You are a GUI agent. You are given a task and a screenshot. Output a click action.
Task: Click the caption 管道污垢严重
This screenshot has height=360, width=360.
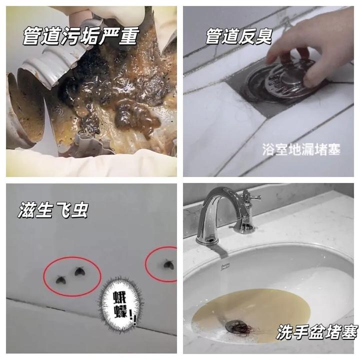pos(81,36)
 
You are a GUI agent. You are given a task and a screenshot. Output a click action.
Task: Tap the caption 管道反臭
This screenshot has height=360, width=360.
pos(239,36)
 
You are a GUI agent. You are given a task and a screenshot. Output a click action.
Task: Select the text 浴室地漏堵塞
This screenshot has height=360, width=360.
pos(301,149)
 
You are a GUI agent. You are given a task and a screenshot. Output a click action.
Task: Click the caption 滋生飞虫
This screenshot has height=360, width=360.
pos(53,210)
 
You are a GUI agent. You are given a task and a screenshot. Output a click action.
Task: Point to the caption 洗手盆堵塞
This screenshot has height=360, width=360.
pos(317,332)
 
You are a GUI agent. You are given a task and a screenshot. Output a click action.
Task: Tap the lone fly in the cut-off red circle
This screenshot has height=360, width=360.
pos(168,264)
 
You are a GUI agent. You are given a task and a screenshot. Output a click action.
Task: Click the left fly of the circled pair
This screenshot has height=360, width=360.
pos(61,279)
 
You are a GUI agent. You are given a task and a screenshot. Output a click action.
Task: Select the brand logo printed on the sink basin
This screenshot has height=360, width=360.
pos(225,267)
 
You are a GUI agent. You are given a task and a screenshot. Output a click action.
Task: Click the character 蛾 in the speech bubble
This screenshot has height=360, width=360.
pos(120,298)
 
